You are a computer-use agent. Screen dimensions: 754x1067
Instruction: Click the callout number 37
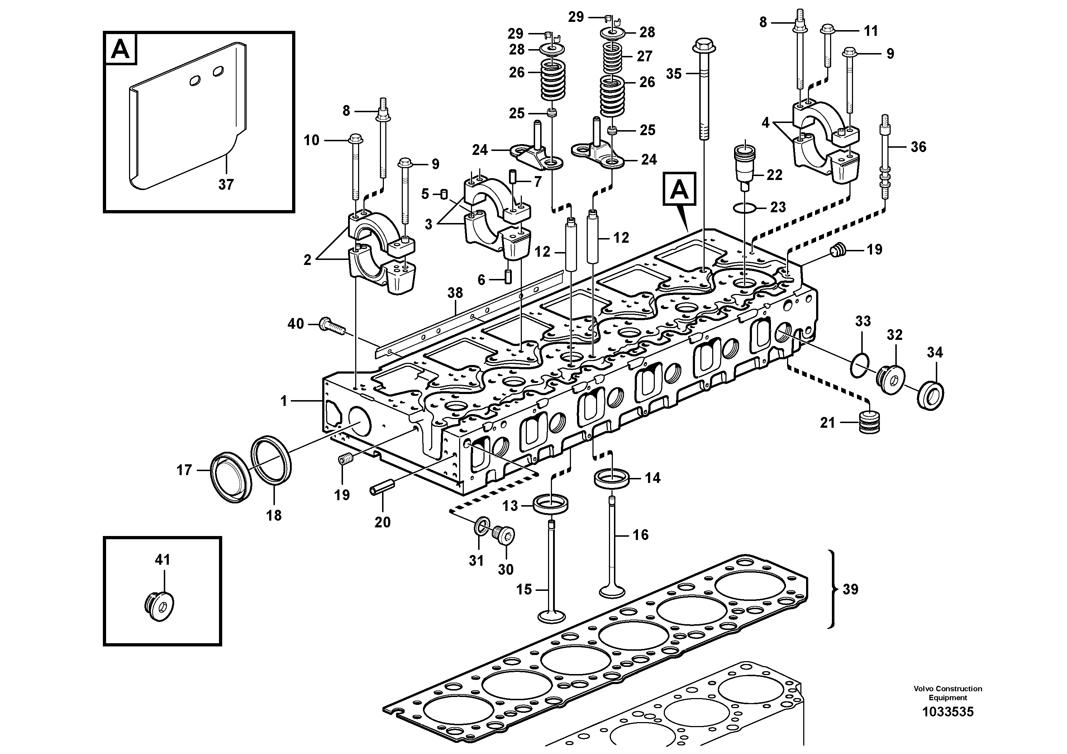226,185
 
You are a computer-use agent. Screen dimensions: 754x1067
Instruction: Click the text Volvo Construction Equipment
948,693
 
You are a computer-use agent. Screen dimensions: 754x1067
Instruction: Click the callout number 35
673,73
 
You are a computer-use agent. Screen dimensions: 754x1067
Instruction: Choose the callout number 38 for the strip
455,293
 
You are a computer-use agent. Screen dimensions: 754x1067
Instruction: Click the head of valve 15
552,616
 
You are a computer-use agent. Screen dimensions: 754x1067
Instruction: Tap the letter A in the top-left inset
121,48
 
